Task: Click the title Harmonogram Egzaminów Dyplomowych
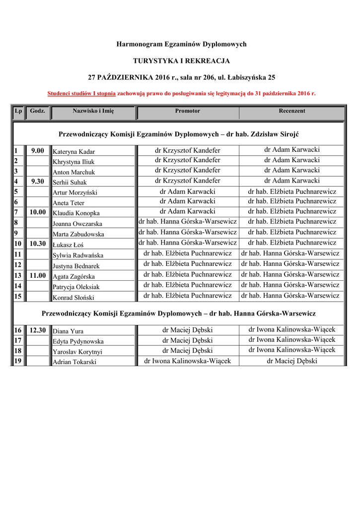tap(181, 45)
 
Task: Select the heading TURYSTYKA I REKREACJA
tap(181, 61)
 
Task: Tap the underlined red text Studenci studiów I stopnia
tap(81, 93)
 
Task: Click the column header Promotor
tap(187, 111)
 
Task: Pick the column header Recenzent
tap(291, 111)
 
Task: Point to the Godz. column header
tap(38, 111)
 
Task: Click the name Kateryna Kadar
tap(73, 152)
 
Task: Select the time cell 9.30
tap(38, 182)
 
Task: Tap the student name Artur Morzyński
tap(75, 192)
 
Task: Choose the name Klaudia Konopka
tap(76, 213)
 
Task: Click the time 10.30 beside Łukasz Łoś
tap(38, 244)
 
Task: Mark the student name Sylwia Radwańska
tap(78, 255)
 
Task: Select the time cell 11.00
tap(38, 275)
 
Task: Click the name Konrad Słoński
tap(73, 298)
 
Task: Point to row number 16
tap(18, 330)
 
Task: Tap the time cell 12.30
tap(38, 330)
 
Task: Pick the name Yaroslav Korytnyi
tap(77, 352)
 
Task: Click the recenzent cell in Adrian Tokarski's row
tap(292, 361)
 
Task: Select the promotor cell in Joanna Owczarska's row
tap(188, 221)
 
